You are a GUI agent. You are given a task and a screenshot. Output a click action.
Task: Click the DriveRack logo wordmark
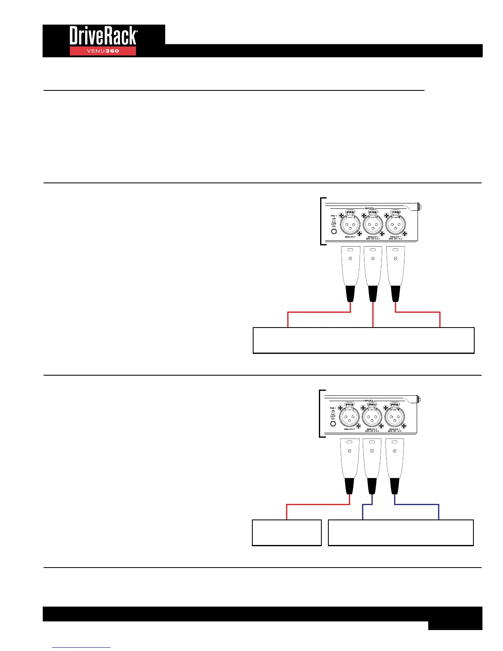(x=103, y=36)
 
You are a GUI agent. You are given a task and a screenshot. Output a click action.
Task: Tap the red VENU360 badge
(x=103, y=51)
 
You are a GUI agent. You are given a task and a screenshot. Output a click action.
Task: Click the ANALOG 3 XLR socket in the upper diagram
(x=350, y=225)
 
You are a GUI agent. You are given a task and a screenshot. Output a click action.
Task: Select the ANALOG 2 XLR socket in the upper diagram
(x=373, y=225)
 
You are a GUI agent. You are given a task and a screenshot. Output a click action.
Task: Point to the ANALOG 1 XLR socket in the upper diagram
(x=395, y=225)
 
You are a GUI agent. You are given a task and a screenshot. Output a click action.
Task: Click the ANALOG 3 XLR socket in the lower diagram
(x=349, y=418)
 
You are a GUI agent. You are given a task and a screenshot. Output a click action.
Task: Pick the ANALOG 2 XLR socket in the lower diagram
(x=372, y=418)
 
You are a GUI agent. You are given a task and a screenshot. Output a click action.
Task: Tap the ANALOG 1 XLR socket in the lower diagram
(x=395, y=418)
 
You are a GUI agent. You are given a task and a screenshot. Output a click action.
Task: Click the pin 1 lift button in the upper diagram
(x=334, y=231)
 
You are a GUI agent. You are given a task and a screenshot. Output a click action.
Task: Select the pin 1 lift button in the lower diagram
(x=333, y=423)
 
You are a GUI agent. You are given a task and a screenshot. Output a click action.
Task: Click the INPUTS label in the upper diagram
(x=369, y=208)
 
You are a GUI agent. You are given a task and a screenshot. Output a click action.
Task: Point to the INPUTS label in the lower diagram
(x=368, y=401)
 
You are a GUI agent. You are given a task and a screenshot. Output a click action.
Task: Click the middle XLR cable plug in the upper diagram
(x=373, y=273)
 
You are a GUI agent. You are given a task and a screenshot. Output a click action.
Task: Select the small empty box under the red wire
(x=286, y=533)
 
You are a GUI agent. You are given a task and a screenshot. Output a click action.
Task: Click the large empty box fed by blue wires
(x=401, y=533)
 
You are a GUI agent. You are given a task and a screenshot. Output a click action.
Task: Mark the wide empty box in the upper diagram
(x=363, y=340)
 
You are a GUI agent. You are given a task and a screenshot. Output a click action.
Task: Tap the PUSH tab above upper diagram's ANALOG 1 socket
(x=395, y=212)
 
